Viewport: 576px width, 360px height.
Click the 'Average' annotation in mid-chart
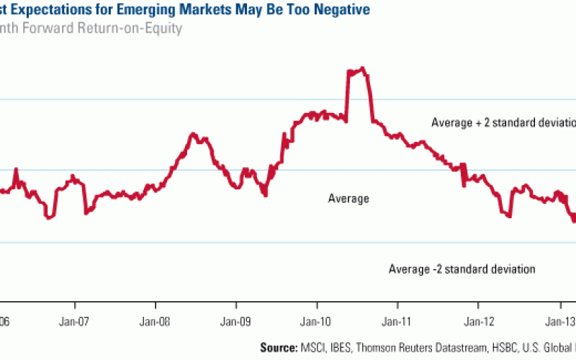click(x=348, y=199)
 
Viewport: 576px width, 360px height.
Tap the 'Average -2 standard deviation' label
click(x=462, y=269)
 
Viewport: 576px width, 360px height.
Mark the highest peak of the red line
click(x=362, y=68)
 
